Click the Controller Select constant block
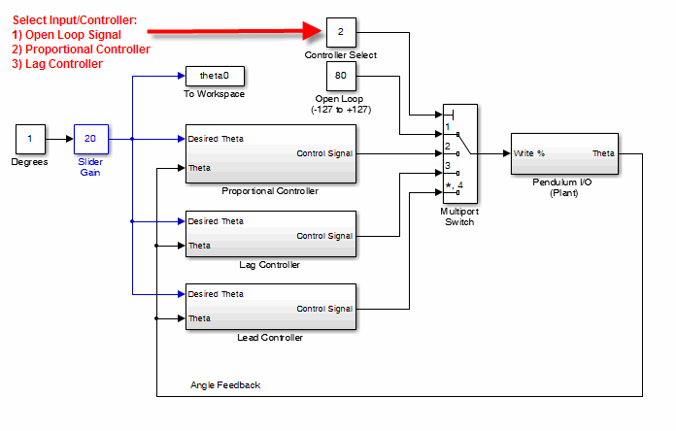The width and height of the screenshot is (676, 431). pyautogui.click(x=340, y=32)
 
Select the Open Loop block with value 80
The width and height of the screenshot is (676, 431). pyautogui.click(x=340, y=76)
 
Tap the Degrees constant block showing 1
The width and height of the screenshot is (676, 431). pyautogui.click(x=29, y=139)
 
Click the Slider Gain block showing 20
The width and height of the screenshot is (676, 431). pyautogui.click(x=89, y=139)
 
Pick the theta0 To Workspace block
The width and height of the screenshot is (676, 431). pyautogui.click(x=214, y=76)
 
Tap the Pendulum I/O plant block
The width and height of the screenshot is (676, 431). pyautogui.click(x=565, y=153)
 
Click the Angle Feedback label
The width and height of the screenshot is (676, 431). pyautogui.click(x=225, y=385)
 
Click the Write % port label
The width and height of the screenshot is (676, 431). pyautogui.click(x=529, y=153)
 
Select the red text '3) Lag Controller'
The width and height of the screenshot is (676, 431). pyautogui.click(x=57, y=64)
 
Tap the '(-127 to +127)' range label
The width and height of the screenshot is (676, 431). pyautogui.click(x=340, y=110)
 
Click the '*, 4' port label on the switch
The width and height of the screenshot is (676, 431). pyautogui.click(x=454, y=184)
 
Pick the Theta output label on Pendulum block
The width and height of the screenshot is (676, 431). pyautogui.click(x=603, y=153)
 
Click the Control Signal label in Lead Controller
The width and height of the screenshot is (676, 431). pyautogui.click(x=324, y=309)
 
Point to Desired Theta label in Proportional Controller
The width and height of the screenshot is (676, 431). pyautogui.click(x=216, y=139)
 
